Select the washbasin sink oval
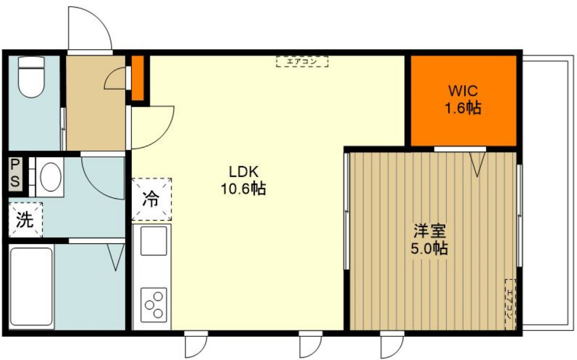[51, 176]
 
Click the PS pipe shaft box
[15, 173]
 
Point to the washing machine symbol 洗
[25, 220]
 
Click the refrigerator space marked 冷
[152, 199]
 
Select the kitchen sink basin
[154, 240]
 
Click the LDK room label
[245, 171]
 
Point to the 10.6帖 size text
[244, 189]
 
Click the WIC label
[463, 91]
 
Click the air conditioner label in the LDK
[302, 62]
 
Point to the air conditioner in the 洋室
[509, 304]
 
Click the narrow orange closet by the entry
[138, 78]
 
